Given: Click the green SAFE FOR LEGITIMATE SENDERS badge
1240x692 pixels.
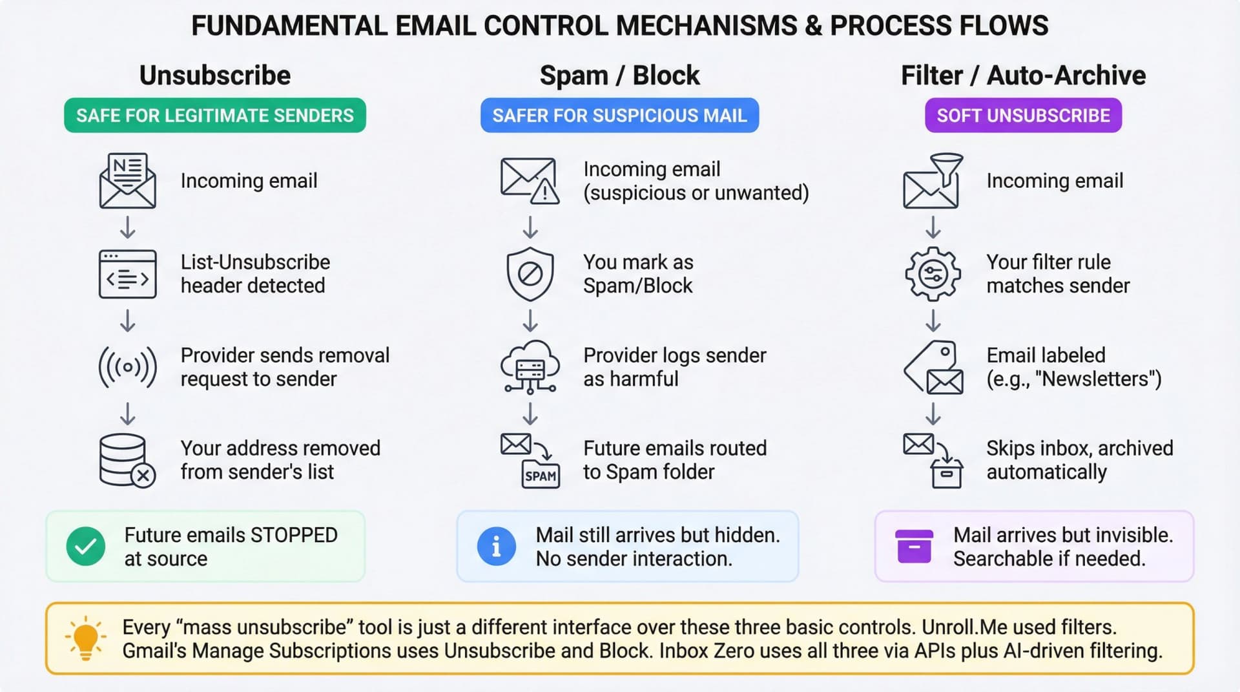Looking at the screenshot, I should point(214,116).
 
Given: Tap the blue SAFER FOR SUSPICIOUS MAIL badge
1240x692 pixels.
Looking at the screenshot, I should point(619,116).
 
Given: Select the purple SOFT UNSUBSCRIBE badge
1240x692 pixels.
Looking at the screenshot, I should point(1022,116).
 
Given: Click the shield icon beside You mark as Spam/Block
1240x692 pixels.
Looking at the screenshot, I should point(530,274).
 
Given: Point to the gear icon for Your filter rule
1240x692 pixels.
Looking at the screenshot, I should point(933,274).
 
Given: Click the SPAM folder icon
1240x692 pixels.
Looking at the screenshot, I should point(540,476).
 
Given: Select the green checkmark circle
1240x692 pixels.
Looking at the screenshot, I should point(86,547).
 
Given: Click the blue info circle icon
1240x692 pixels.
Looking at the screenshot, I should point(496,547).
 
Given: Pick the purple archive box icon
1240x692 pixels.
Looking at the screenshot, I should point(914,547).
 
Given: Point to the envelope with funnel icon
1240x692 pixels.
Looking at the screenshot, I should point(933,181).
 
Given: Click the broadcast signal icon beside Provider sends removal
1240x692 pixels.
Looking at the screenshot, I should point(127,367).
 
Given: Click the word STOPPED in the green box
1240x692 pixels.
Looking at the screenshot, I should point(294,535).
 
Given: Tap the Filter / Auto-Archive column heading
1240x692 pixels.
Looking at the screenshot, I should point(1022,76).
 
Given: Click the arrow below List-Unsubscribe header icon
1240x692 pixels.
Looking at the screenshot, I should point(127,320).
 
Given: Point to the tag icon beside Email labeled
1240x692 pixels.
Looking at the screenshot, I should point(933,367).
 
